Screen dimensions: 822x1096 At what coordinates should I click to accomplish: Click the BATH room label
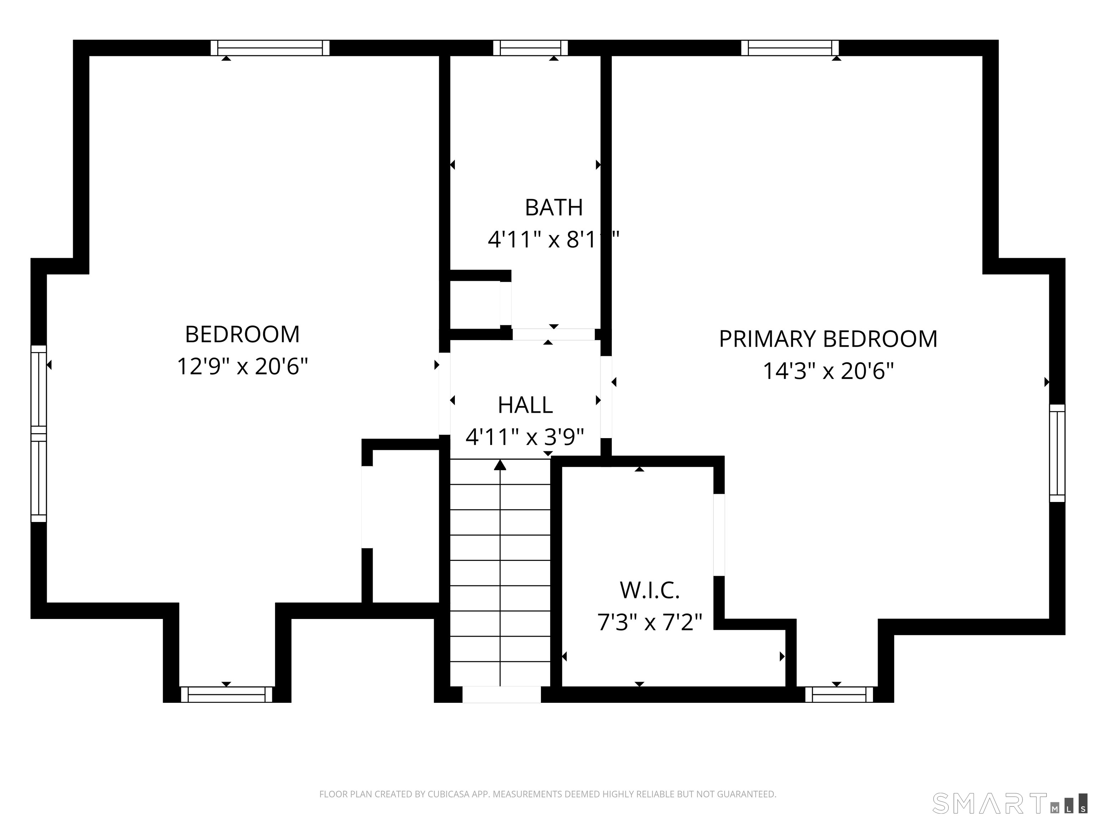pyautogui.click(x=553, y=208)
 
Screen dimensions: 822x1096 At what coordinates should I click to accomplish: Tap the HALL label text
pyautogui.click(x=525, y=405)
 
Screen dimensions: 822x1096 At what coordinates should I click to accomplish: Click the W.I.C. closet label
pyautogui.click(x=649, y=590)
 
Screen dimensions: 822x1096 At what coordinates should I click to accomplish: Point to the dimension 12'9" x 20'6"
pyautogui.click(x=242, y=367)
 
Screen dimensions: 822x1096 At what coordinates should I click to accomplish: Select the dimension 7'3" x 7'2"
pyautogui.click(x=649, y=622)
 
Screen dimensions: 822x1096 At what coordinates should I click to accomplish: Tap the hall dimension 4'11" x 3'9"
pyautogui.click(x=525, y=437)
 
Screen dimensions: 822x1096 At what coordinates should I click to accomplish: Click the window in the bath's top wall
pyautogui.click(x=530, y=48)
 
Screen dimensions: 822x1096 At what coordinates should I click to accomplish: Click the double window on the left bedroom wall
pyautogui.click(x=39, y=433)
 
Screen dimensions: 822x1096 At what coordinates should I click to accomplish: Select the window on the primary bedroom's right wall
pyautogui.click(x=1057, y=453)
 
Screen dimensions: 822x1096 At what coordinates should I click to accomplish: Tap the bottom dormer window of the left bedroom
pyautogui.click(x=227, y=694)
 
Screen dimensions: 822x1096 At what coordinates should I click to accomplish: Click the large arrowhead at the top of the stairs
pyautogui.click(x=500, y=465)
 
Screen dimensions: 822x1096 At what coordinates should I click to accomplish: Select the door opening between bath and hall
pyautogui.click(x=553, y=334)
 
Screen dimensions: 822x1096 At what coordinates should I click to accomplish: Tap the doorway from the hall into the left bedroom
pyautogui.click(x=445, y=394)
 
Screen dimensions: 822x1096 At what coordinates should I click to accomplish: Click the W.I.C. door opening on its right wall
pyautogui.click(x=719, y=535)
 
